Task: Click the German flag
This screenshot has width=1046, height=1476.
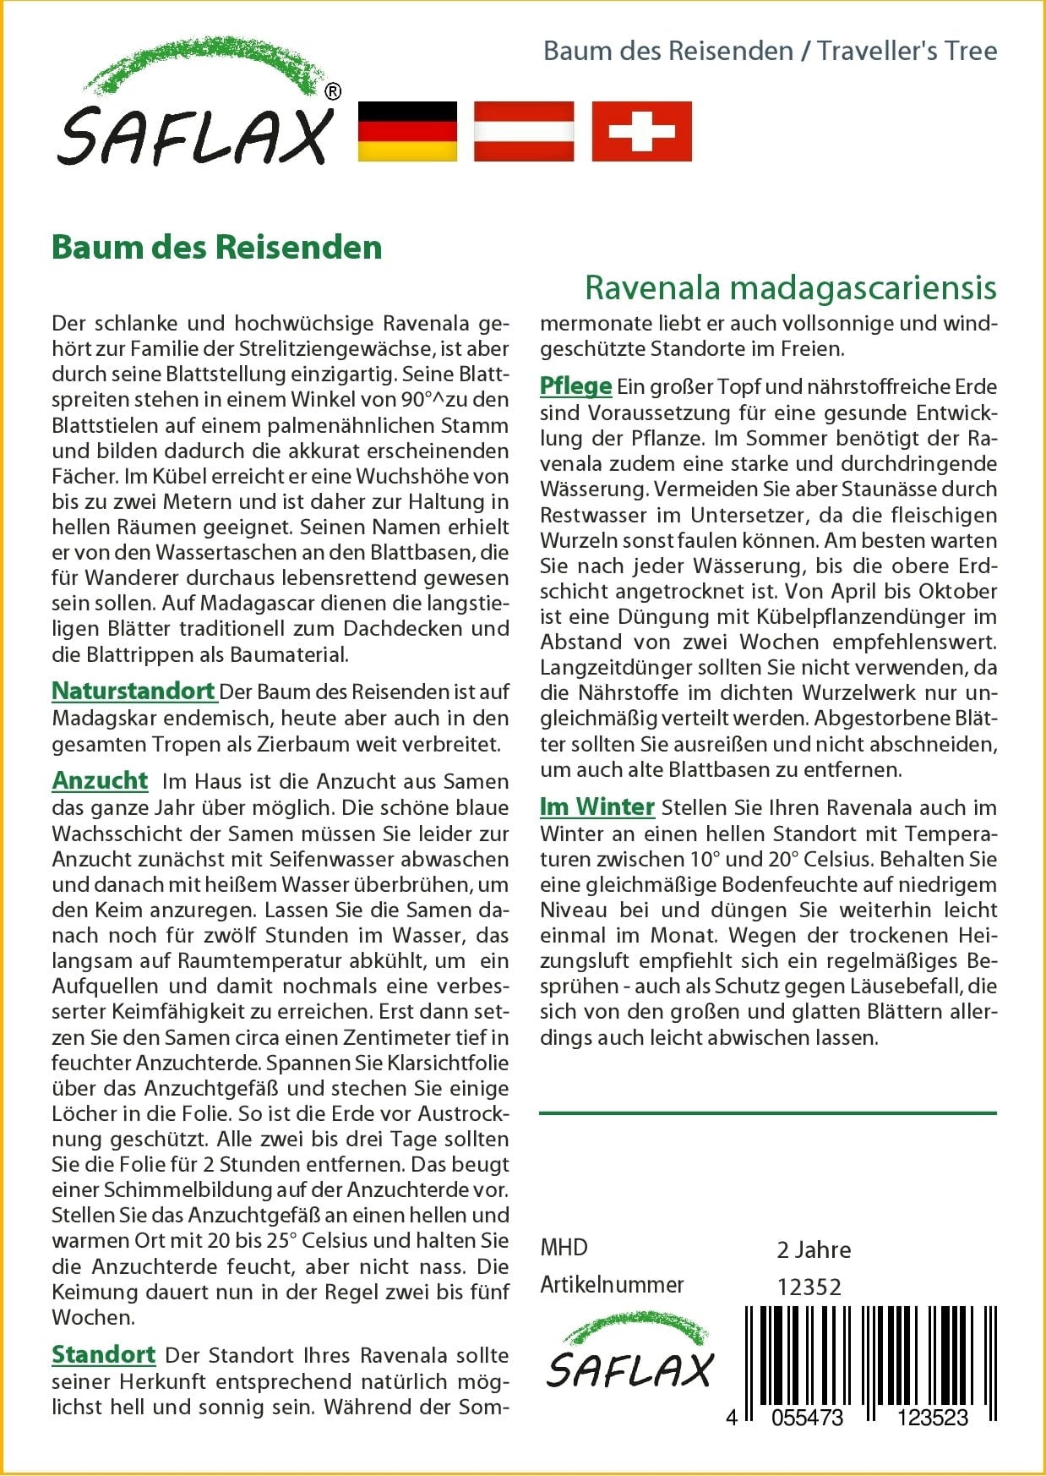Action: coord(407,131)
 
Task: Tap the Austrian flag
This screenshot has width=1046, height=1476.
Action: coord(524,131)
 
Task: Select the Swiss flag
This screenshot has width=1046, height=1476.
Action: coord(641,131)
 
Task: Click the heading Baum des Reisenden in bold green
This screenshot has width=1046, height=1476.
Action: coord(217,247)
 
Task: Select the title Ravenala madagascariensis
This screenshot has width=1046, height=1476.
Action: coord(790,287)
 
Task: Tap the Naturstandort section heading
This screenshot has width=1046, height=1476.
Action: coord(133,691)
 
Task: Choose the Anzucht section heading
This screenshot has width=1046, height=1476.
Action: coord(100,780)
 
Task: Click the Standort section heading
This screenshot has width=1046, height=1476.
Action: coord(103,1354)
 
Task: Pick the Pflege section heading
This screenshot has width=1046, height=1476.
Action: coord(575,385)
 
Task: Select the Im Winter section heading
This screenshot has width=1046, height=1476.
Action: coord(597,806)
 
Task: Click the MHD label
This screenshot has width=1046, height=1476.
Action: coord(564,1248)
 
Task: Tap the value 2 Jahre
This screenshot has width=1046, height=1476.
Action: coord(814,1250)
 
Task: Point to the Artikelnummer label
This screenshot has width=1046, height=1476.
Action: coord(612,1285)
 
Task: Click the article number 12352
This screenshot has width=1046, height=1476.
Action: coord(809,1287)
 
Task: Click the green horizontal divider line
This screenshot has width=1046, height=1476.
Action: coord(767,1112)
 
